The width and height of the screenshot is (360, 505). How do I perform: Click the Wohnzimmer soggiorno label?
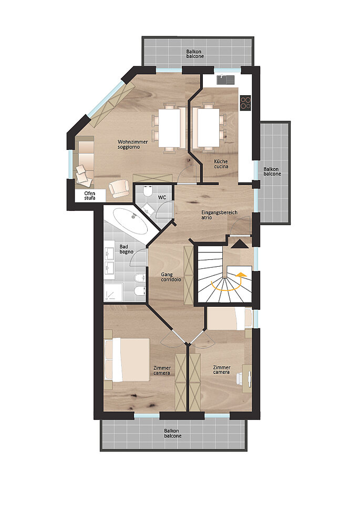click(132, 144)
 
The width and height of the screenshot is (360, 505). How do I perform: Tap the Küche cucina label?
click(221, 164)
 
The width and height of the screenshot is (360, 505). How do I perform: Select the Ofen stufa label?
click(90, 196)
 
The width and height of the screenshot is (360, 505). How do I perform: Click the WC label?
click(162, 197)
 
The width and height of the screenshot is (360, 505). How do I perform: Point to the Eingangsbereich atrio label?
click(219, 215)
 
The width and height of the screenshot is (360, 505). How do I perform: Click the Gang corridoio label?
click(171, 277)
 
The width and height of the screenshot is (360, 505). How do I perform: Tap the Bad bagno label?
click(126, 249)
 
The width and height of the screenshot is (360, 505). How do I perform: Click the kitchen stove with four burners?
click(245, 103)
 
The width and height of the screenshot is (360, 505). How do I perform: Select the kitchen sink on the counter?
click(226, 80)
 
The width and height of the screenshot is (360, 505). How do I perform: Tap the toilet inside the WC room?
click(148, 191)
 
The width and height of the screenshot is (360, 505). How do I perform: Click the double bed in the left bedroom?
click(127, 359)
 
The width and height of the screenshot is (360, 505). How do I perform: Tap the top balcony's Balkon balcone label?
click(195, 54)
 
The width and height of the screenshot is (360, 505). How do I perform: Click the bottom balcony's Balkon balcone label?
click(173, 433)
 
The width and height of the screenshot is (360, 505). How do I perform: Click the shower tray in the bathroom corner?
click(113, 292)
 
